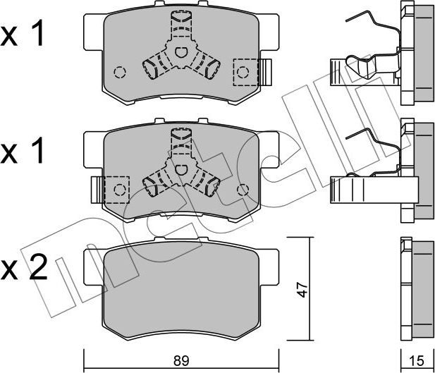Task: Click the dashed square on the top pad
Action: (244, 71)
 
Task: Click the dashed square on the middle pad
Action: (117, 188)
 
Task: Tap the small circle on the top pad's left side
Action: (120, 71)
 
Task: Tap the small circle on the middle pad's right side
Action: (244, 188)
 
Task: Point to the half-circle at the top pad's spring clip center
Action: (181, 51)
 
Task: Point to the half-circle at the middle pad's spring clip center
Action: (181, 169)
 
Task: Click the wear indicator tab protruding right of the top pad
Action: (266, 71)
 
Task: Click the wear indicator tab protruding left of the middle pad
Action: (97, 188)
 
